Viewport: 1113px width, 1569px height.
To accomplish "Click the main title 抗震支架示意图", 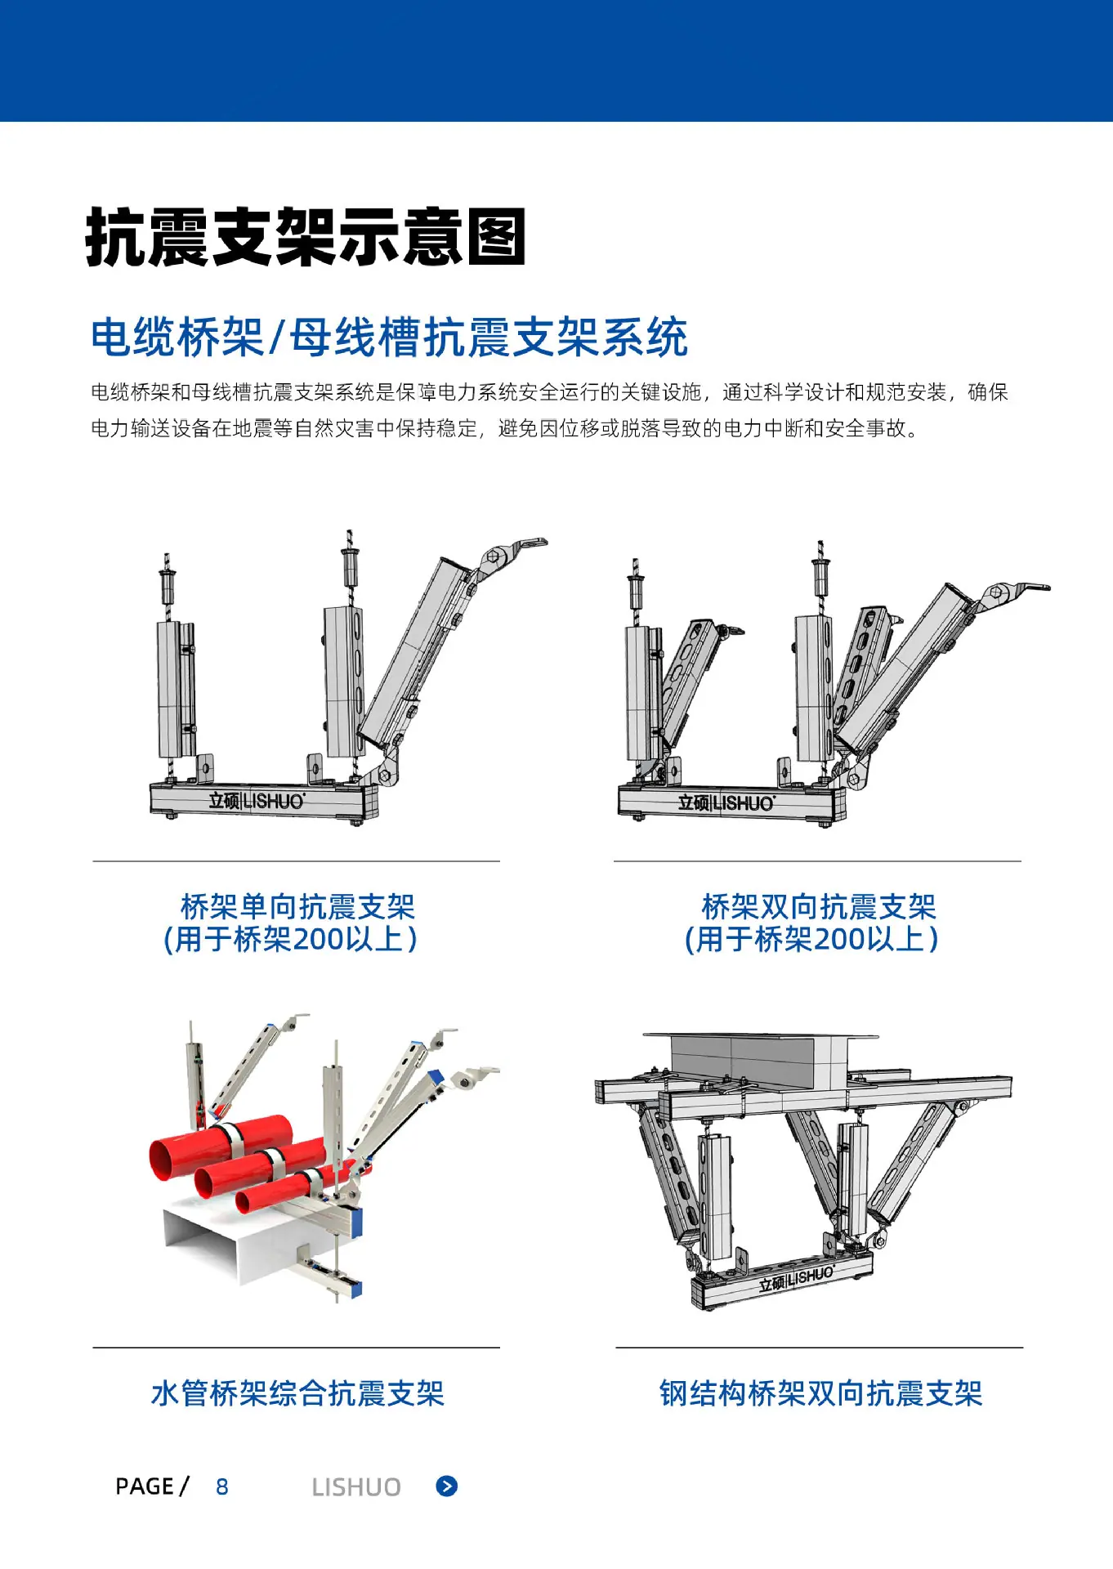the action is point(306,237).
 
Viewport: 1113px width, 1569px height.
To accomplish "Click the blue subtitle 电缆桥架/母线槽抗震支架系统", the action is point(389,337).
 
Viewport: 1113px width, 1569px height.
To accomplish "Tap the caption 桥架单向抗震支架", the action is point(297,906).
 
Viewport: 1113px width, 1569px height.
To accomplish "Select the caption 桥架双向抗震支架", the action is point(819,906).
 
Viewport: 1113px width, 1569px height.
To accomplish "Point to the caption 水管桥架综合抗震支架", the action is point(297,1393).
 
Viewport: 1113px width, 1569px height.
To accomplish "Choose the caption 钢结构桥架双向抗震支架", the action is point(820,1393).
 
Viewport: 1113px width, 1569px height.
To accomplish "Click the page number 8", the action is point(222,1486).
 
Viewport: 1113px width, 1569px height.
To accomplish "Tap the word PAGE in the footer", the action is point(145,1486).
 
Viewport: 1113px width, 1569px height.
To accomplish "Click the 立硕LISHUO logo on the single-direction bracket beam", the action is point(257,801).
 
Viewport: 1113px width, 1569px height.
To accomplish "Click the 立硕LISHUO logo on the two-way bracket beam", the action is point(726,803).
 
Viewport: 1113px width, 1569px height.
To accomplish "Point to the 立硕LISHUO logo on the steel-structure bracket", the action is point(796,1279).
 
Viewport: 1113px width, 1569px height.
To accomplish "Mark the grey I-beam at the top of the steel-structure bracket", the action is point(760,1061).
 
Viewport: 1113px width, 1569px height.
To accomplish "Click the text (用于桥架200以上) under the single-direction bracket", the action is point(291,939).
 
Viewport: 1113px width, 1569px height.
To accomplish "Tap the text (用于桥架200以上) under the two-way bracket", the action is point(811,939).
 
